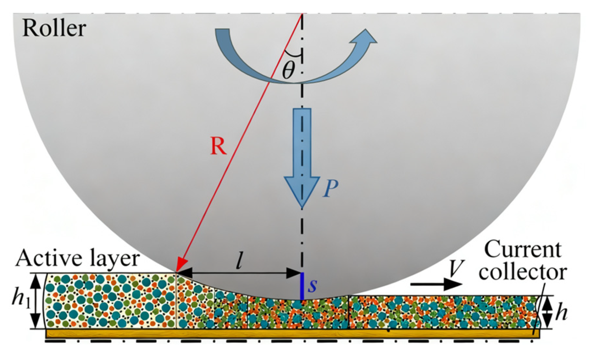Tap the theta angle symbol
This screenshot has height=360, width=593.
tap(288, 70)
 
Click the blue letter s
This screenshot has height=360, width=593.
tap(313, 285)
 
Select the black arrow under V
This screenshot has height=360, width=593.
tap(436, 285)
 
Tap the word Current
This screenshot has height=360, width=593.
tap(522, 249)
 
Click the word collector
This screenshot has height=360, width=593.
tap(522, 272)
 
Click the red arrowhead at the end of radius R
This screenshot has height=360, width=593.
tap(180, 266)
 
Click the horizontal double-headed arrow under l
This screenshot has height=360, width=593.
tap(239, 273)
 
